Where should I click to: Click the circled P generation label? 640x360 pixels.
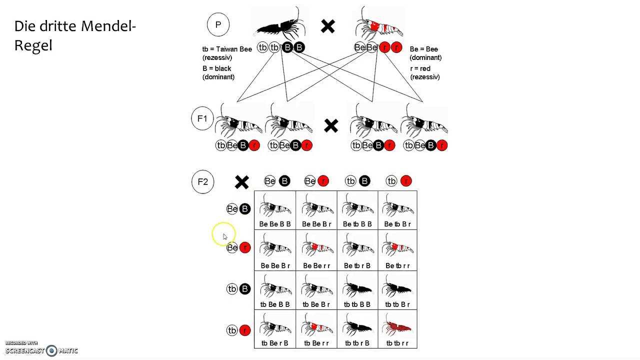(x=218, y=24)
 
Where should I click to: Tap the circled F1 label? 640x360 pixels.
(x=202, y=119)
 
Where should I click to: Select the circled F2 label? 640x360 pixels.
(x=202, y=182)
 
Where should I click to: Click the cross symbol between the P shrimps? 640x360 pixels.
(x=328, y=26)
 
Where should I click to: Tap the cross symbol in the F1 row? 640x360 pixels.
(x=331, y=125)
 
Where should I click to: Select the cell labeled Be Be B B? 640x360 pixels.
(x=275, y=210)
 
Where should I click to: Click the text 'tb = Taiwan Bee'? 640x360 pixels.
(x=227, y=49)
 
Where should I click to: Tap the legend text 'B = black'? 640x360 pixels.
(x=216, y=68)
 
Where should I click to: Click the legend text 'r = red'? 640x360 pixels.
(x=420, y=68)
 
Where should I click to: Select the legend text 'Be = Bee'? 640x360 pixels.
(x=423, y=49)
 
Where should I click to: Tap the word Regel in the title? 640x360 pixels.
(x=33, y=45)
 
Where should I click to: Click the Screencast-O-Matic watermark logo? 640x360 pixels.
(x=51, y=350)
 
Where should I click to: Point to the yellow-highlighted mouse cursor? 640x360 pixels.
(x=223, y=235)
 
